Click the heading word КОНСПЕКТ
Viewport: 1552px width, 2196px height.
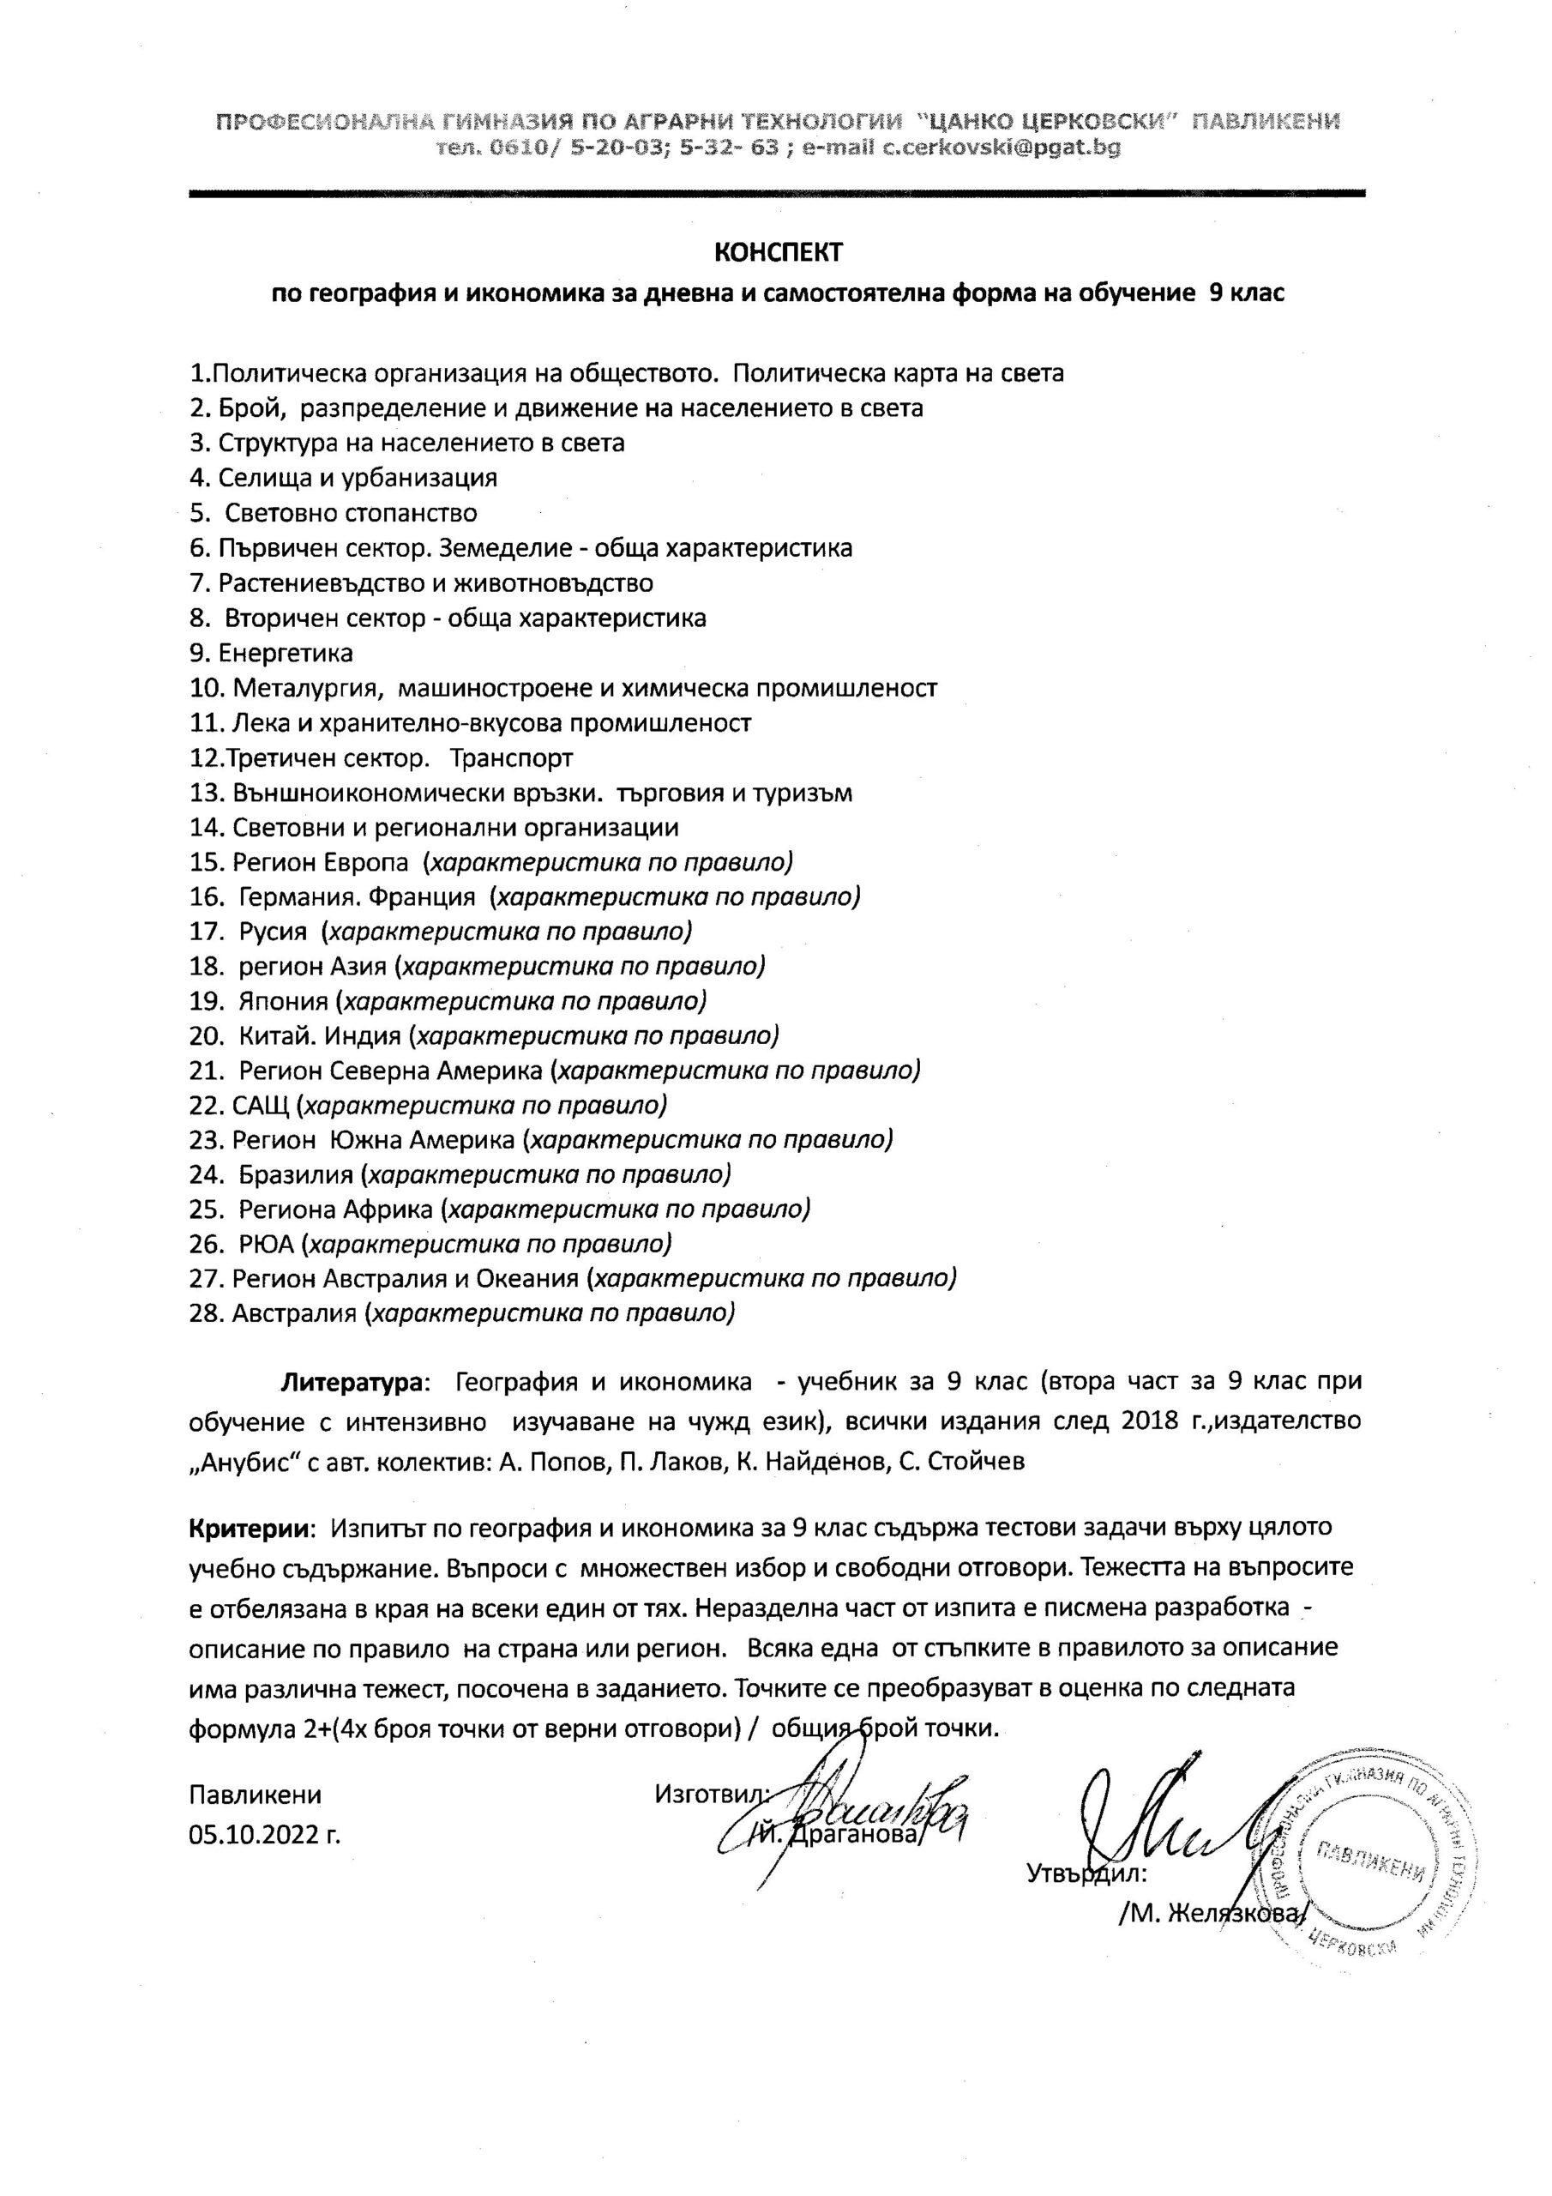coord(779,252)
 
